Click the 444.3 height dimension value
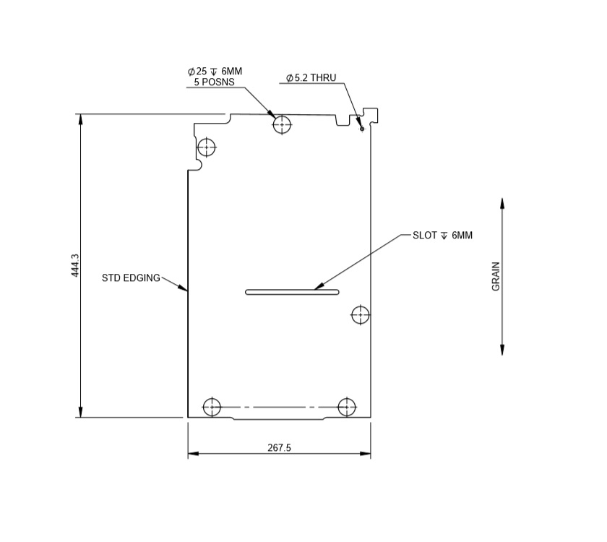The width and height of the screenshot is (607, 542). tap(75, 265)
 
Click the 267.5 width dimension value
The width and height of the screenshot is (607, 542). tap(279, 448)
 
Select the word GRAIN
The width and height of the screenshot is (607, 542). tap(496, 276)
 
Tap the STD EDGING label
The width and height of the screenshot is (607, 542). tap(131, 278)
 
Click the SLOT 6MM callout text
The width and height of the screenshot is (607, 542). tap(442, 236)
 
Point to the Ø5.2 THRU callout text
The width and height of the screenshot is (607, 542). tap(311, 77)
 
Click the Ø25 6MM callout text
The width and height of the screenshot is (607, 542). tap(215, 72)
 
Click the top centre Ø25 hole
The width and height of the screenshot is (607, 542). tap(282, 124)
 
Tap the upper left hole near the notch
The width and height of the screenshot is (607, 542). tap(207, 147)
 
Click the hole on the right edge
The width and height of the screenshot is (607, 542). tap(360, 315)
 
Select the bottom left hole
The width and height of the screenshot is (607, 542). tap(211, 407)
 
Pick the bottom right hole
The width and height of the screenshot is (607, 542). tap(348, 407)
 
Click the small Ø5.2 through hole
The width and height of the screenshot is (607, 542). tap(362, 129)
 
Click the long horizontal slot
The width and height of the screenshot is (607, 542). tap(292, 293)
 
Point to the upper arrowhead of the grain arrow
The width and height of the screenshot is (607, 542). tap(502, 202)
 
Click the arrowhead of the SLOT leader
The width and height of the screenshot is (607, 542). tap(319, 288)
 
